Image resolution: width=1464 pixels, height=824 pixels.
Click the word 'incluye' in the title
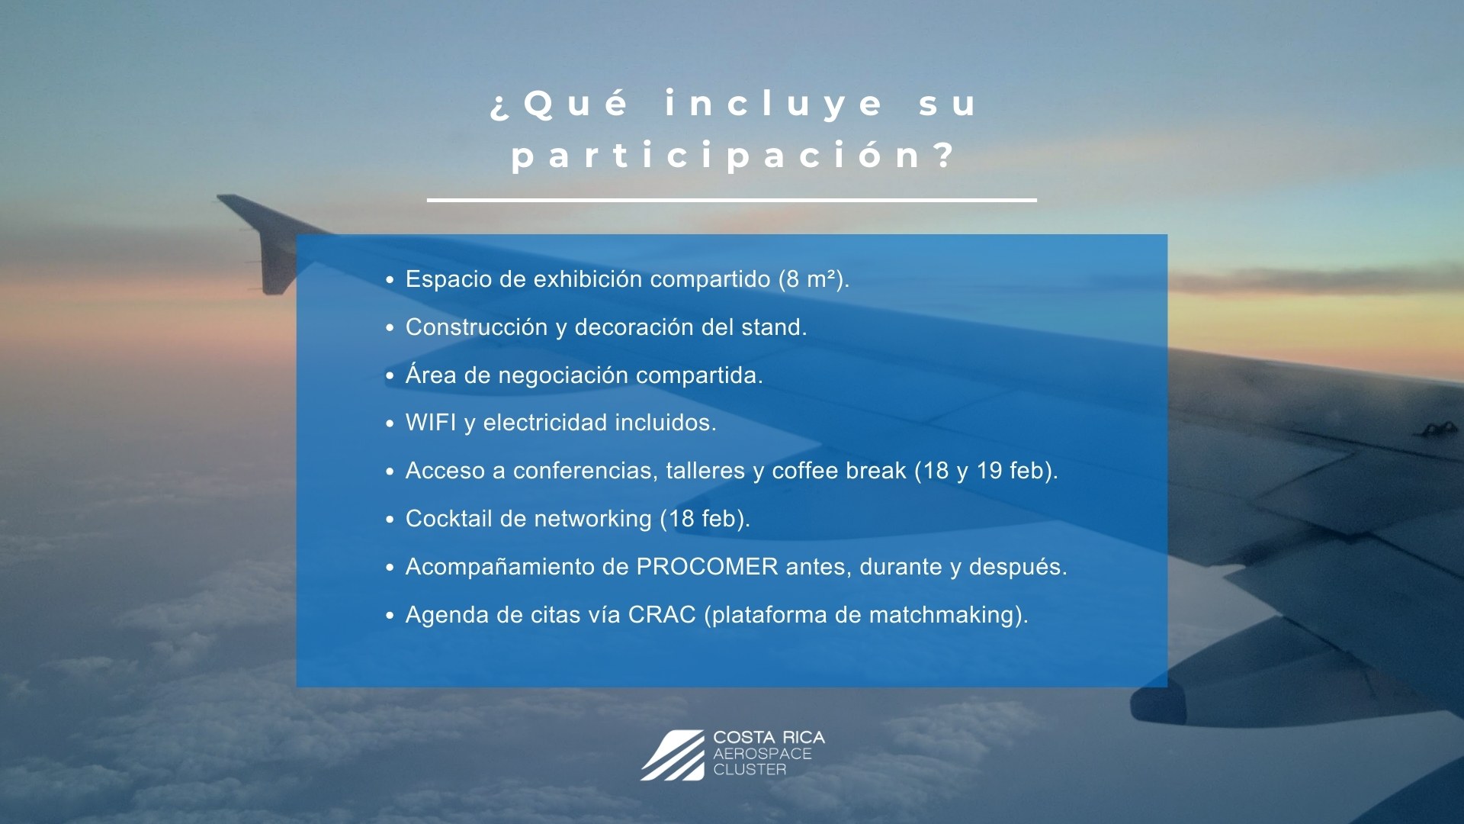773,105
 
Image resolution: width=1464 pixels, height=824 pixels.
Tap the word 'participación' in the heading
716,155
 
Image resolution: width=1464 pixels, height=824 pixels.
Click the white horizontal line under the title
732,201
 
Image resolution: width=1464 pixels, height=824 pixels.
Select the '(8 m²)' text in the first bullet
811,279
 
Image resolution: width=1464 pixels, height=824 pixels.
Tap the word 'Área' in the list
431,374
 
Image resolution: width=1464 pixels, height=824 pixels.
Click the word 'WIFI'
431,423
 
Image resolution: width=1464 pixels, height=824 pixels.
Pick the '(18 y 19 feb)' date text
984,471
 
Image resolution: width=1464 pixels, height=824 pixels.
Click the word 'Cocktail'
448,519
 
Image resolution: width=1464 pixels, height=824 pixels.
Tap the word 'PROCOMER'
707,567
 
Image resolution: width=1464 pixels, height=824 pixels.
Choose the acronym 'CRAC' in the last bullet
662,615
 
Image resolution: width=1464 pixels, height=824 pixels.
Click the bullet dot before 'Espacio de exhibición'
390,280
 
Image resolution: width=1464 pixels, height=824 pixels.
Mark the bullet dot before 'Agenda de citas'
390,616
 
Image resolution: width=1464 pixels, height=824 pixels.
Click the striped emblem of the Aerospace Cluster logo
673,755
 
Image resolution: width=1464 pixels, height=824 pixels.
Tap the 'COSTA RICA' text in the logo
769,738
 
